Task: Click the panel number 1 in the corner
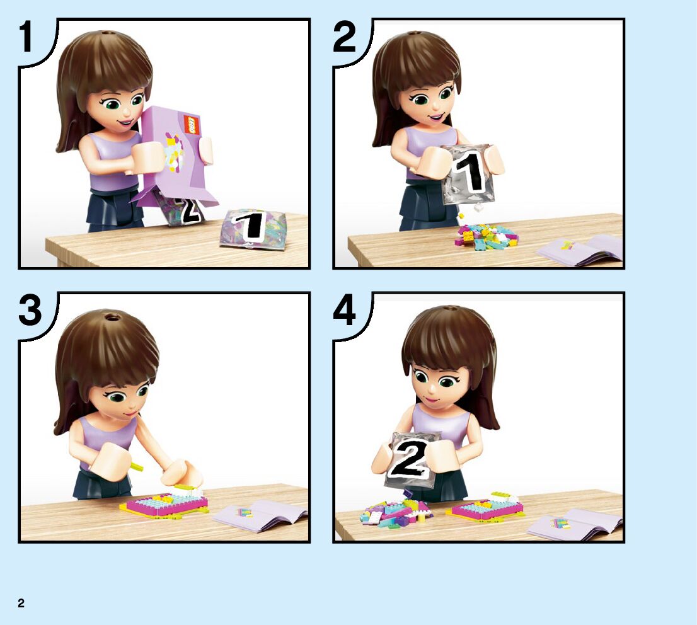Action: pyautogui.click(x=26, y=37)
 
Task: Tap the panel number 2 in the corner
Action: pyautogui.click(x=344, y=37)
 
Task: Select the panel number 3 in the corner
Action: pyautogui.click(x=30, y=310)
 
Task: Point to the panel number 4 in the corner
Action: pyautogui.click(x=345, y=310)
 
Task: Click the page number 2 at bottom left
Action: pyautogui.click(x=21, y=603)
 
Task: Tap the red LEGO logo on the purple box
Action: pyautogui.click(x=190, y=124)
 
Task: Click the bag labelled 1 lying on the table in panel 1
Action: pyautogui.click(x=253, y=228)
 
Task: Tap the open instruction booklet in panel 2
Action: pyautogui.click(x=580, y=251)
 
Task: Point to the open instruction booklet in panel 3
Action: pyautogui.click(x=260, y=515)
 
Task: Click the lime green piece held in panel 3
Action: pyautogui.click(x=137, y=467)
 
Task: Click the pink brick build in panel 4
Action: pyautogui.click(x=487, y=508)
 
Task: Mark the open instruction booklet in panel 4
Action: pyautogui.click(x=573, y=525)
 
